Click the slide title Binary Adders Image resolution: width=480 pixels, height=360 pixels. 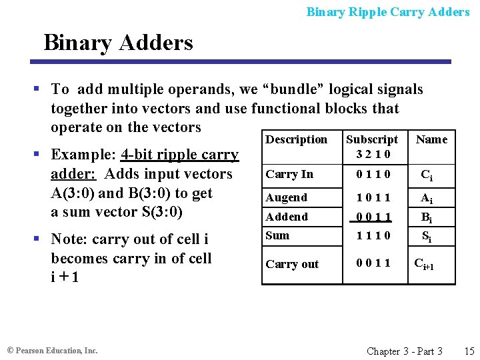118,43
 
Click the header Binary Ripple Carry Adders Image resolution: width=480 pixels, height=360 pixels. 388,11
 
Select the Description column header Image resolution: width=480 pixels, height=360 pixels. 296,139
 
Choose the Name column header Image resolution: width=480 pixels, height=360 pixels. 431,139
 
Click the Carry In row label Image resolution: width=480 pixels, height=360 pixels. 289,174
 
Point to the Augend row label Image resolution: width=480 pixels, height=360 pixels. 287,197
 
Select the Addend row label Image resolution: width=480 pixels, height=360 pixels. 287,217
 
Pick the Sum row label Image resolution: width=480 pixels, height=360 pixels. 277,235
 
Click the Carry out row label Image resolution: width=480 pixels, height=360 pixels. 292,264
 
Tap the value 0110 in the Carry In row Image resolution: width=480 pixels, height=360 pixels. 372,175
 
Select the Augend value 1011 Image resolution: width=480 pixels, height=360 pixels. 372,197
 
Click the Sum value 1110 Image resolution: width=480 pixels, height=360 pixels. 372,235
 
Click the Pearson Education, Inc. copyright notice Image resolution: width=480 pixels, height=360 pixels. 52,351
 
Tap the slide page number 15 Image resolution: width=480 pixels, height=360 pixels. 469,351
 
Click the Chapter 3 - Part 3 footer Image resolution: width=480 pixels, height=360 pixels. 405,351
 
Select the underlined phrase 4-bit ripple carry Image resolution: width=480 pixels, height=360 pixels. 179,155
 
